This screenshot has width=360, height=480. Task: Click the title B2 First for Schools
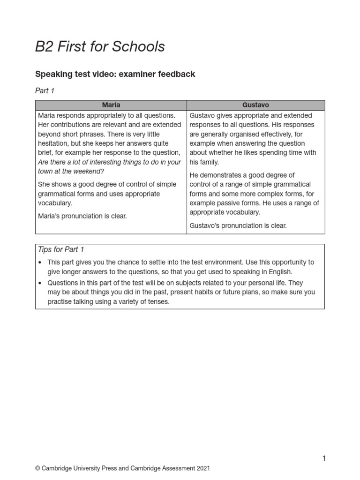[100, 46]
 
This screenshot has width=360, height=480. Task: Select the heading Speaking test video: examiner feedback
[115, 74]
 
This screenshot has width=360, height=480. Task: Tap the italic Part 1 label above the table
[45, 91]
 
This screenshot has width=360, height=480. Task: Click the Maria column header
[111, 105]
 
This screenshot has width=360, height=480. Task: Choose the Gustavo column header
[255, 105]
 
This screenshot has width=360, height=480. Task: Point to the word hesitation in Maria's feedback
[54, 143]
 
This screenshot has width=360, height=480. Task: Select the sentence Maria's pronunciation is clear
[82, 216]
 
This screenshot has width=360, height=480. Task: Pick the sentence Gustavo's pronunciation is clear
[238, 225]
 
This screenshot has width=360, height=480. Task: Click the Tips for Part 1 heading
[61, 249]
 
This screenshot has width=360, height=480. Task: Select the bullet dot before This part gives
[41, 262]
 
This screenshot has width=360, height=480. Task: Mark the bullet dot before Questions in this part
[41, 283]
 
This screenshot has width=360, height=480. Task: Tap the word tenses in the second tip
[158, 301]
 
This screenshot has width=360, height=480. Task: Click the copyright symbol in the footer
[38, 468]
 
